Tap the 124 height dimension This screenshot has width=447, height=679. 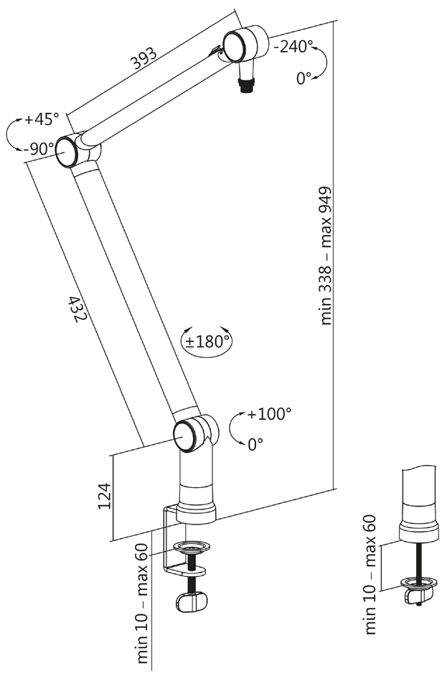[x=105, y=496]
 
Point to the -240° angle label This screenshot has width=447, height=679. [x=293, y=47]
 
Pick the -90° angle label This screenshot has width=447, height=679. [x=39, y=149]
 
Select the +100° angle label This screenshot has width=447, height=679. [x=269, y=414]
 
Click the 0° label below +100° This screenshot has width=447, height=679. [x=255, y=445]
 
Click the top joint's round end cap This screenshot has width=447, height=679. [x=236, y=47]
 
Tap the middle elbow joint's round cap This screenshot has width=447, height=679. [x=67, y=152]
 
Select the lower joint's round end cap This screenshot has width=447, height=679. [x=186, y=436]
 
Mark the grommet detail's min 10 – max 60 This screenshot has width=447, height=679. [x=370, y=575]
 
